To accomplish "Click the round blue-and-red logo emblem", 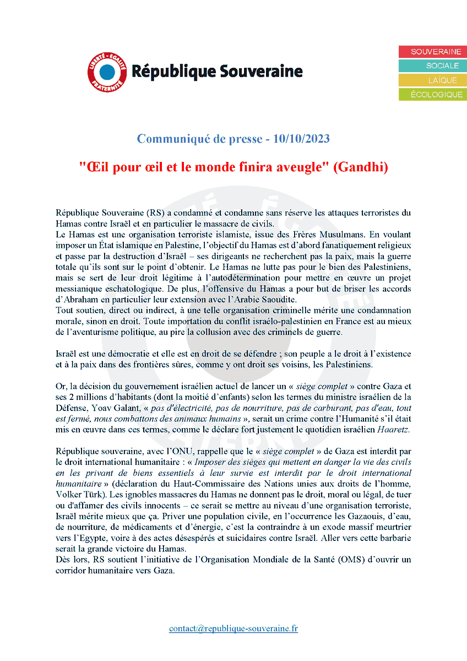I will [x=107, y=72].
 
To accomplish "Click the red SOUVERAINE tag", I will [x=433, y=52].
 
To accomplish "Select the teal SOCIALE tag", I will [x=433, y=66].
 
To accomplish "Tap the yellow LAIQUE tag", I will [x=433, y=80].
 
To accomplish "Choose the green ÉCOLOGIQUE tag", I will [x=433, y=95].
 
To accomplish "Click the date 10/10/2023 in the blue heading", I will [x=301, y=139].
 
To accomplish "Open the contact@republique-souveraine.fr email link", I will [x=233, y=629].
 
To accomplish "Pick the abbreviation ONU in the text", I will [x=175, y=451].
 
